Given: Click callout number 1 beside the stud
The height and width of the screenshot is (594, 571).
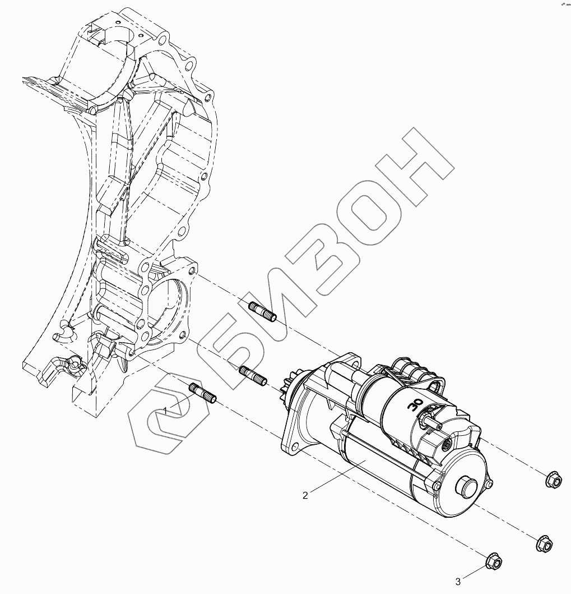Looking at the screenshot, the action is (x=165, y=412).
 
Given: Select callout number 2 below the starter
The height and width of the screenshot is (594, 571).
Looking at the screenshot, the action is (x=305, y=495).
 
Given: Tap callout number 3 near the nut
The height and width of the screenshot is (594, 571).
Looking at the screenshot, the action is (x=458, y=581).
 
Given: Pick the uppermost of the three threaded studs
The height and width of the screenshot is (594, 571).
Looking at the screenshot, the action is (x=262, y=311).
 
